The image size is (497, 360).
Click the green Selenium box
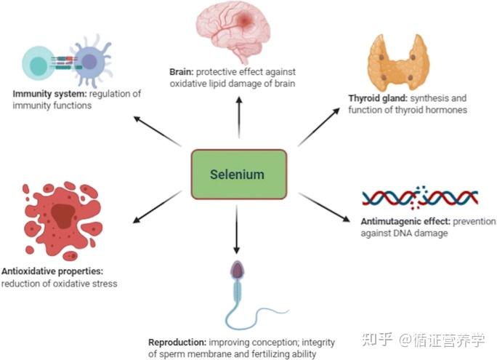click(x=239, y=175)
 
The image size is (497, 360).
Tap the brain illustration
click(x=233, y=32)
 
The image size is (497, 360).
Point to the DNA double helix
click(x=420, y=198)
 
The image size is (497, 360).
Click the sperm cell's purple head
click(x=237, y=271)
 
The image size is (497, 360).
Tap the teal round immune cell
click(x=38, y=63)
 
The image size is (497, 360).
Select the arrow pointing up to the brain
click(x=239, y=118)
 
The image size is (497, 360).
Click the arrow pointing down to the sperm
click(x=236, y=230)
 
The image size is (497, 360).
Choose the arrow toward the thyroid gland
click(x=319, y=127)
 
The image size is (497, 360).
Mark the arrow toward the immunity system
click(x=158, y=132)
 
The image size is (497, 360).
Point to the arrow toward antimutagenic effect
click(x=325, y=207)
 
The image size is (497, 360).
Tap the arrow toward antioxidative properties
click(x=157, y=207)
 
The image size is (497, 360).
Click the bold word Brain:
click(x=182, y=72)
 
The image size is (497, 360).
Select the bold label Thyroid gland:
click(x=378, y=98)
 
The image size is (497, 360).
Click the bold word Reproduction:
click(x=177, y=343)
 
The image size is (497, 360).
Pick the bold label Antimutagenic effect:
click(x=405, y=221)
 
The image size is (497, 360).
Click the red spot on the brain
click(x=245, y=20)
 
